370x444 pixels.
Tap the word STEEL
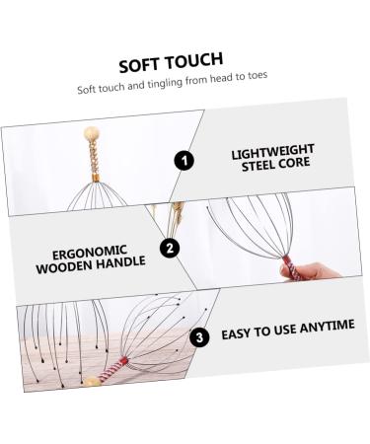258,167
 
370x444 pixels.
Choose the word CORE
299,166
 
